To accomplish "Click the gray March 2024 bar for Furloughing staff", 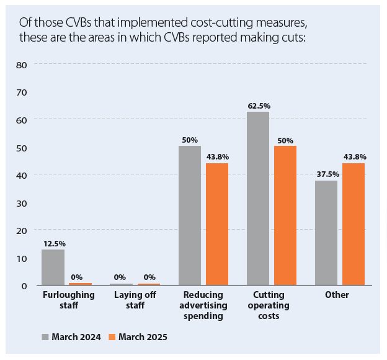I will (53, 267).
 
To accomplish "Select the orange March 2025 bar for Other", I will (354, 224).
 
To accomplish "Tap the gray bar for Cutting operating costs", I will (258, 198).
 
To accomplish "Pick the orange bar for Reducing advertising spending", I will (217, 224).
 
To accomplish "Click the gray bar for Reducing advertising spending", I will (190, 215).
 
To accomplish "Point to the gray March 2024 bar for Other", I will (326, 233).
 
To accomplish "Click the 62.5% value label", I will (258, 106).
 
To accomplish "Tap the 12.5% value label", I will (53, 244).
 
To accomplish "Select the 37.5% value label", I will (326, 175).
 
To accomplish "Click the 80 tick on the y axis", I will (21, 64).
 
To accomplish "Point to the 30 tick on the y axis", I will (21, 202).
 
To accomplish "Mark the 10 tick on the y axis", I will (21, 258).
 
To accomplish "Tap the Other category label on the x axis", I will (337, 295).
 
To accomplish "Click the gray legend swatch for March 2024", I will (45, 337).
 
